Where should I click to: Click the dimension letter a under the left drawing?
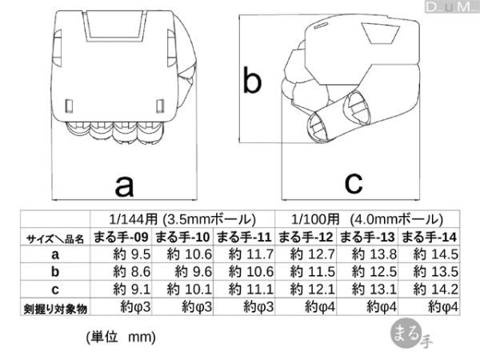click(x=124, y=186)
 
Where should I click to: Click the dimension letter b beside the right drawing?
click(x=252, y=79)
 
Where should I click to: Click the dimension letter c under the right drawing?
click(x=354, y=182)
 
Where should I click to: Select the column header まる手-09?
click(x=121, y=238)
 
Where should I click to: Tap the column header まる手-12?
click(x=306, y=238)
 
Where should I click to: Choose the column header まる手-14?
click(x=429, y=238)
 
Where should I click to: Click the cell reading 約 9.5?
click(x=132, y=254)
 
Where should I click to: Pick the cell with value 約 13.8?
click(x=374, y=254)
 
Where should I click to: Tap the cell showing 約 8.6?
click(x=132, y=272)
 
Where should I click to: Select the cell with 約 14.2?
click(x=436, y=290)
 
